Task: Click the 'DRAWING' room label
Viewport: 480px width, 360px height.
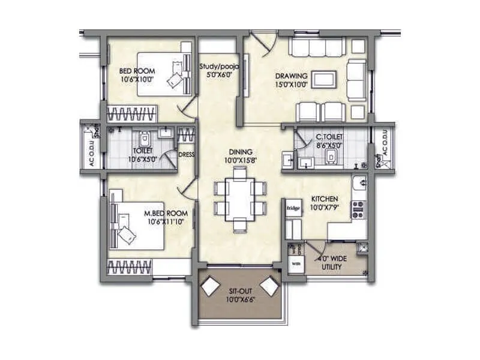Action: point(292,76)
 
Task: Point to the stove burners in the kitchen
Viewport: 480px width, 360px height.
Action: point(358,209)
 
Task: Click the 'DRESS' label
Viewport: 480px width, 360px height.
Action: point(185,154)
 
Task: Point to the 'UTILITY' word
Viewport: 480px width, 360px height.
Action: point(331,266)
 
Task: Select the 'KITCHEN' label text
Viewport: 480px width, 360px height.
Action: point(325,199)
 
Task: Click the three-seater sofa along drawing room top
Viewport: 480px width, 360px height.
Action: point(316,46)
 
